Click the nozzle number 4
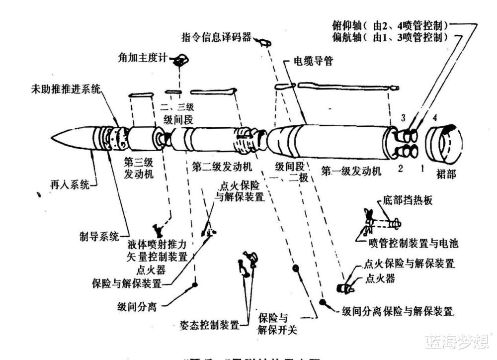coord(435,118)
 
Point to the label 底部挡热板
coord(408,200)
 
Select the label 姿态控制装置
coord(208,325)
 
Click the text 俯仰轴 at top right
coord(349,25)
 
